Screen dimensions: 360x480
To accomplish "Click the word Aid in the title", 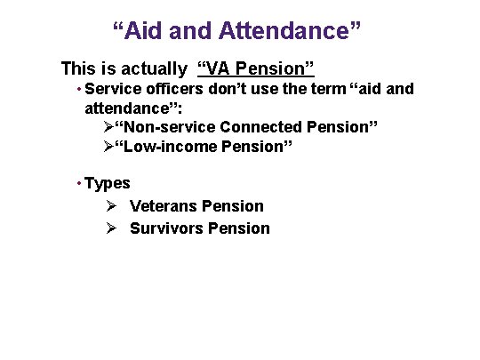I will click(x=143, y=32).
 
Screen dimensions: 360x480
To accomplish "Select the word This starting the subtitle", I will click(x=77, y=68).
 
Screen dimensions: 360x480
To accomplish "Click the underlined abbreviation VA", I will click(x=223, y=68).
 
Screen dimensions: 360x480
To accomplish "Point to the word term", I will click(x=330, y=89).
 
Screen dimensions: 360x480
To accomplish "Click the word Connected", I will click(x=260, y=127).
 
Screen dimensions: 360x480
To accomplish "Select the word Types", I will click(x=108, y=184).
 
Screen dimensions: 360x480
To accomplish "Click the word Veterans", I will click(x=164, y=206).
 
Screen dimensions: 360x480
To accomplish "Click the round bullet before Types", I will click(x=79, y=183).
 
